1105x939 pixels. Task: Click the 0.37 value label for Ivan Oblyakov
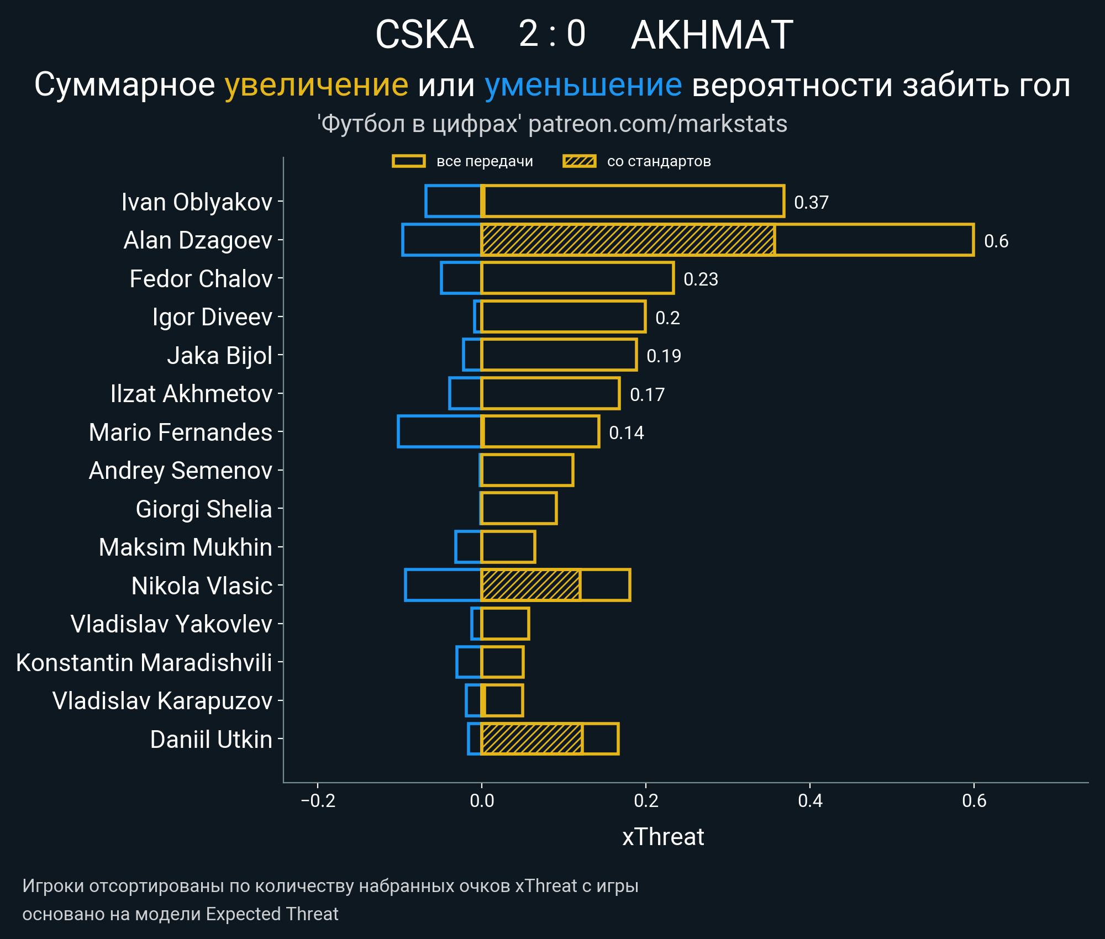click(x=811, y=202)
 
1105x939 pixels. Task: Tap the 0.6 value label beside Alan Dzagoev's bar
click(x=996, y=241)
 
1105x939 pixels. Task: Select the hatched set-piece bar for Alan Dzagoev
click(x=627, y=240)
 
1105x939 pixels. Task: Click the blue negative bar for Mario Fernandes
click(x=439, y=431)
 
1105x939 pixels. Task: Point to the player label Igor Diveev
click(x=212, y=317)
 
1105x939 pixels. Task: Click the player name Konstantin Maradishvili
click(x=144, y=662)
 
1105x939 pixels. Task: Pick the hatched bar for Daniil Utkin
click(x=532, y=738)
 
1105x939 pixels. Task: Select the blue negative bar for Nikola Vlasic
click(x=443, y=585)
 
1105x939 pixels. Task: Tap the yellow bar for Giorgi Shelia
click(x=519, y=508)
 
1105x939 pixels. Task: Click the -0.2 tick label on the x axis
click(x=318, y=800)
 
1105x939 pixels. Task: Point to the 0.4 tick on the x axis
click(x=809, y=800)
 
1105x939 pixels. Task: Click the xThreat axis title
click(x=662, y=837)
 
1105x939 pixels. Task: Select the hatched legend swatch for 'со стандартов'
click(x=579, y=161)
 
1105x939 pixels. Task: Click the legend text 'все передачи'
click(x=485, y=161)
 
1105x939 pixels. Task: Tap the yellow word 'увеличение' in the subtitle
click(x=316, y=85)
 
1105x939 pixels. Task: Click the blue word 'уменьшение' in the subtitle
click(x=583, y=85)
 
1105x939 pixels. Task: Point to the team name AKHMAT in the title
click(x=712, y=35)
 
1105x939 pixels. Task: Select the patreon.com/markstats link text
click(x=657, y=124)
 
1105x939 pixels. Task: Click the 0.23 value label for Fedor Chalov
click(x=701, y=279)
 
